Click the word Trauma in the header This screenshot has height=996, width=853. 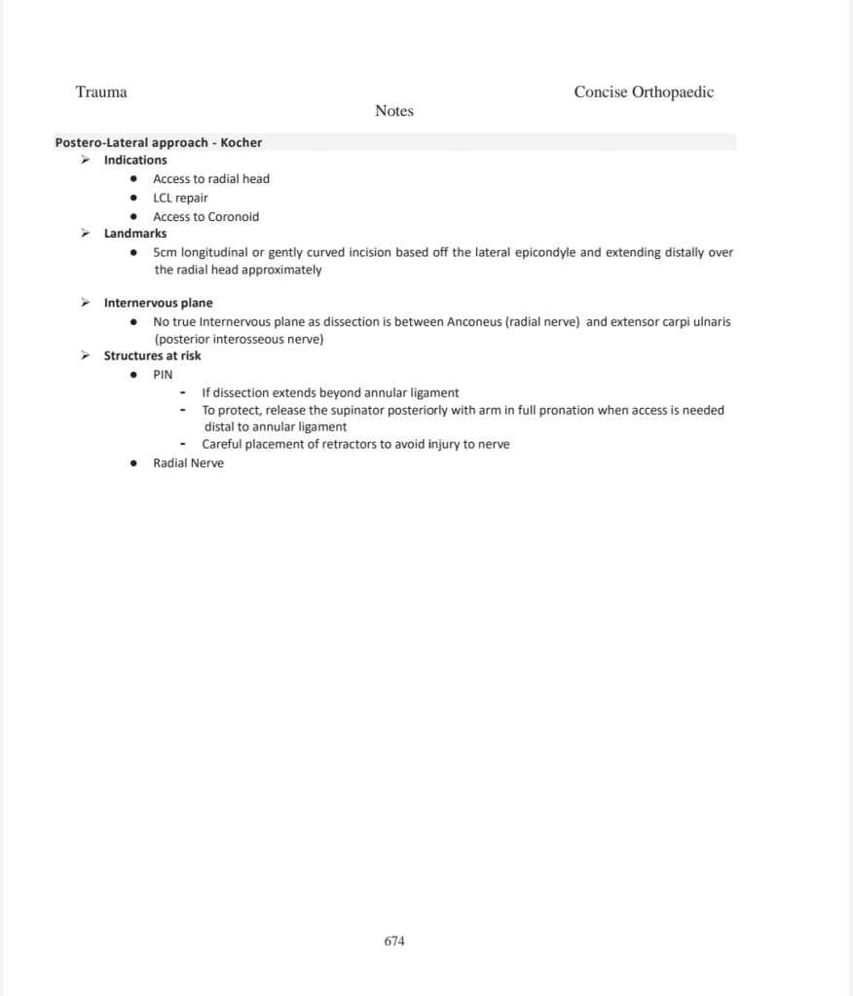[x=101, y=92]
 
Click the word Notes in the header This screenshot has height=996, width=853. [x=394, y=111]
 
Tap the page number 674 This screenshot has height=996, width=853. [x=394, y=941]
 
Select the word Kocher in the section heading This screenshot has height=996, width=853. [x=241, y=142]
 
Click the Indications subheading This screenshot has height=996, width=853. [x=135, y=160]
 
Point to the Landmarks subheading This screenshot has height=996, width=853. [x=135, y=234]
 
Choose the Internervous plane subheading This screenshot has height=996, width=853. [x=158, y=303]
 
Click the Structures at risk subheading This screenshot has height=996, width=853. [x=152, y=355]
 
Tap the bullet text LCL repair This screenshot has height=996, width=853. [x=180, y=198]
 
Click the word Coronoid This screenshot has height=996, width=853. [x=235, y=217]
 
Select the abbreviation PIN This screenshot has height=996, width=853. [x=163, y=375]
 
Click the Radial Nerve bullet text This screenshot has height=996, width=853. [x=188, y=463]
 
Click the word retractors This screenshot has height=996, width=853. [x=351, y=444]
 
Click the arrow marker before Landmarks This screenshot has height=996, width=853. [x=86, y=234]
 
